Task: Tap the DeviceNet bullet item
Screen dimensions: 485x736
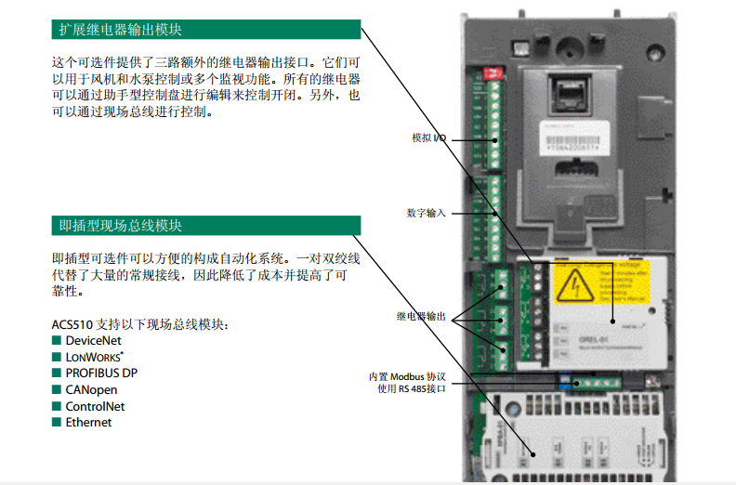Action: pyautogui.click(x=93, y=341)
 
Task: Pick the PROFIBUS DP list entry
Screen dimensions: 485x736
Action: pyautogui.click(x=101, y=374)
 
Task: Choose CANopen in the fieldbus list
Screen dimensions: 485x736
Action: pyautogui.click(x=91, y=390)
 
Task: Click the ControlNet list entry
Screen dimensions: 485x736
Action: pyautogui.click(x=95, y=406)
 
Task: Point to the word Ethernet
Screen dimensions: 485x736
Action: pyautogui.click(x=88, y=423)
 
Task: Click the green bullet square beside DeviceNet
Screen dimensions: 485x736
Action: pyautogui.click(x=57, y=341)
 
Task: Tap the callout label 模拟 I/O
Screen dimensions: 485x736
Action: pyautogui.click(x=428, y=138)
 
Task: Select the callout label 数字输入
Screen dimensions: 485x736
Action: pyautogui.click(x=426, y=213)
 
